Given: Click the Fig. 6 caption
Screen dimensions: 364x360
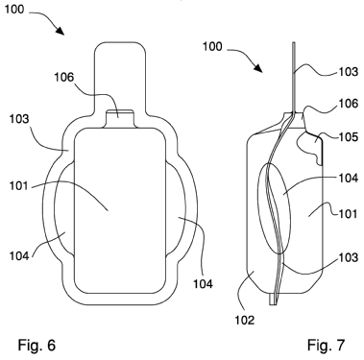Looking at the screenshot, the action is click(x=36, y=346).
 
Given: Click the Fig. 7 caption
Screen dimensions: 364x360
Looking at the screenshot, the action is click(x=327, y=346).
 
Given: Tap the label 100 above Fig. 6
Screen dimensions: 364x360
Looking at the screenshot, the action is click(x=14, y=10).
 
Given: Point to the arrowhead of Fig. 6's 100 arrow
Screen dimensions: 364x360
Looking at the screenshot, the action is click(x=60, y=31).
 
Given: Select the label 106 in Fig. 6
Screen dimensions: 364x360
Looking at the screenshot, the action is click(x=64, y=77).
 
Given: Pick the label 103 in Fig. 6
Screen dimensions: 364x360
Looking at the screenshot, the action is click(x=19, y=119).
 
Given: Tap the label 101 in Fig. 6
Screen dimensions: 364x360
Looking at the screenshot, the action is click(x=19, y=185).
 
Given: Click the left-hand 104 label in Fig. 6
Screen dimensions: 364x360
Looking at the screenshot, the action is click(x=19, y=256).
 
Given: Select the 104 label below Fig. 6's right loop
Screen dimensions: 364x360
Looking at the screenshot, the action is click(x=203, y=284).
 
